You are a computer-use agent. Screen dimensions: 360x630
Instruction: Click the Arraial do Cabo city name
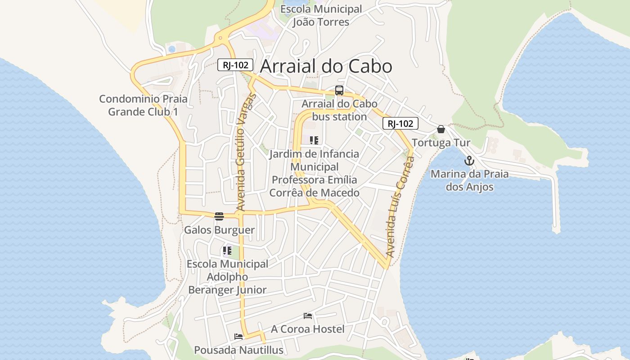[326, 66]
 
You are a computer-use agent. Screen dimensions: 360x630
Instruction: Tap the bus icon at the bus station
[339, 90]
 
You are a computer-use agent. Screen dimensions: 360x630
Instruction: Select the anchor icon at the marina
[469, 161]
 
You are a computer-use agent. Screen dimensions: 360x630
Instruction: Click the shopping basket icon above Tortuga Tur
[441, 129]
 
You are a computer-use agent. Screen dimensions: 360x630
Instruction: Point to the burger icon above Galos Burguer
[219, 216]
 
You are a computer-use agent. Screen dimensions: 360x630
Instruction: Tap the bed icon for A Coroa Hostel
[308, 316]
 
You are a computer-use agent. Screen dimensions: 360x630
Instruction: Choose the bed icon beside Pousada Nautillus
[238, 336]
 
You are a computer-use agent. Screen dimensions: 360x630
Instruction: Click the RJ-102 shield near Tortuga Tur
[400, 123]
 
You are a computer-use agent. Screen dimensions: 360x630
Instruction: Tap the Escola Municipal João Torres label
[321, 15]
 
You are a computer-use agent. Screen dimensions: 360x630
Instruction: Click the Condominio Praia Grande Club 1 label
[143, 105]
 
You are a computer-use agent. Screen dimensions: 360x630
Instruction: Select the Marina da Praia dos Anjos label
[469, 180]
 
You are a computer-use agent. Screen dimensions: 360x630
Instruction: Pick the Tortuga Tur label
[441, 143]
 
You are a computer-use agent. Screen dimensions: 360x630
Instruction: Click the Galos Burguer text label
[219, 230]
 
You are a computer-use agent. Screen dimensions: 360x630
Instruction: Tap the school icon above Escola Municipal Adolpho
[227, 251]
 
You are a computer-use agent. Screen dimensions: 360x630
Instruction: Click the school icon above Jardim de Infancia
[314, 140]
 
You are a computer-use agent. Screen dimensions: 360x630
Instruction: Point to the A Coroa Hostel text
[308, 329]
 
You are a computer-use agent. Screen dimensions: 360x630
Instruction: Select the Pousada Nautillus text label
[238, 350]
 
